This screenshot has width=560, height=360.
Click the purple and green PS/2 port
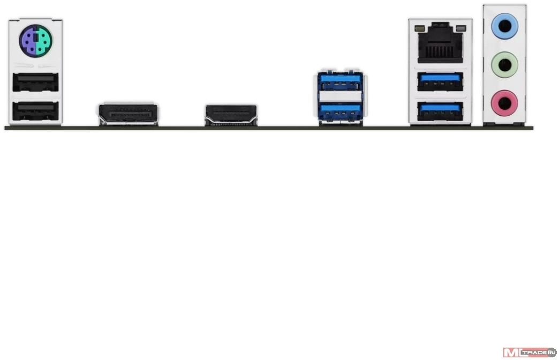tap(36, 40)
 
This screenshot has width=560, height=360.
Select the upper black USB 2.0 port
tap(35, 82)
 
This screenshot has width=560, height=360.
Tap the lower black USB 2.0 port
tap(35, 111)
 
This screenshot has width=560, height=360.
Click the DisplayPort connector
tap(128, 114)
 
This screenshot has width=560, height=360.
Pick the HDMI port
tap(231, 115)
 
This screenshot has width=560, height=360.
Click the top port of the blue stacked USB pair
tap(339, 81)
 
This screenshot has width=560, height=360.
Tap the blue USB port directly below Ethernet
tap(441, 81)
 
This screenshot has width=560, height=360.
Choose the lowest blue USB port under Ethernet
tap(441, 111)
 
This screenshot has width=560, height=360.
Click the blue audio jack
tap(505, 26)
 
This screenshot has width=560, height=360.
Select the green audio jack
tap(505, 65)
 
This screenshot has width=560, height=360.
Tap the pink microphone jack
tap(505, 103)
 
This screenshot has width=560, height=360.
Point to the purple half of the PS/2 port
tap(27, 40)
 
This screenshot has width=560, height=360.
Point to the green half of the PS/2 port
tap(44, 40)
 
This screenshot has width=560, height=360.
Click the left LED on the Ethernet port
tap(419, 28)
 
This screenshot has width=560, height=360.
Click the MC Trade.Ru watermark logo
tap(529, 352)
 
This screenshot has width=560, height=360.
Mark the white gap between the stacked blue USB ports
tap(339, 96)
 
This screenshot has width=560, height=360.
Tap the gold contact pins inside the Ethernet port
tap(441, 51)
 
